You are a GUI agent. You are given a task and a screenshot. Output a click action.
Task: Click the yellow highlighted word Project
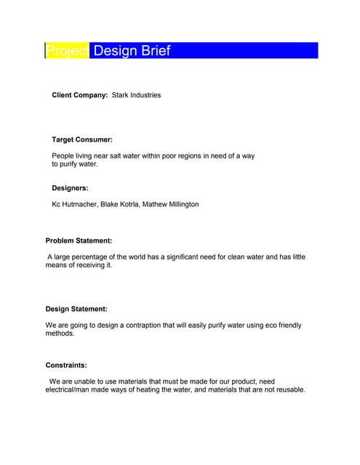click(x=67, y=51)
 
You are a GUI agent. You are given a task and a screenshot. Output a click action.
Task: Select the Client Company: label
click(x=79, y=95)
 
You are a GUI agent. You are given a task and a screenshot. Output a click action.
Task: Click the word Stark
click(x=121, y=95)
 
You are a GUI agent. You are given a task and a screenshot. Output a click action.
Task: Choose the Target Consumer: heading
click(x=82, y=139)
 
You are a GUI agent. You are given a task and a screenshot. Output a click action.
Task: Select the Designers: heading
click(x=70, y=188)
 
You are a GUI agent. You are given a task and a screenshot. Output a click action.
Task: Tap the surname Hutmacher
click(x=82, y=205)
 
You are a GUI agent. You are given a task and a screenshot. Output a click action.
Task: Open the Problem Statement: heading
click(x=79, y=240)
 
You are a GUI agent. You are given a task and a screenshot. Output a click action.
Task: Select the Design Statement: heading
click(x=76, y=309)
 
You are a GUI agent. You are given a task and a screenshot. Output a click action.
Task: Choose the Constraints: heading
click(x=66, y=365)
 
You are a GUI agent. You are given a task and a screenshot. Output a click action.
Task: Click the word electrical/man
click(x=73, y=390)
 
